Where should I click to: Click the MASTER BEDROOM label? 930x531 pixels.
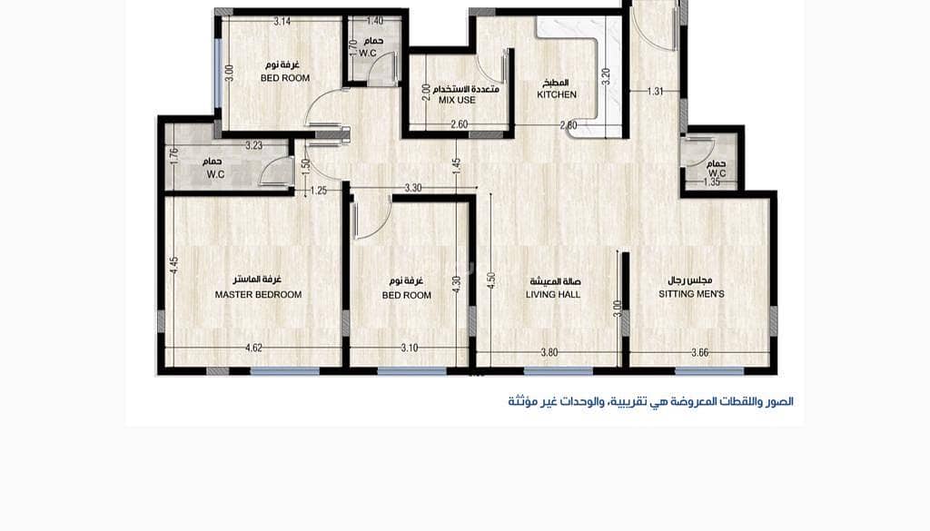[258, 294]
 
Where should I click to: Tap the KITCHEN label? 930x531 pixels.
[557, 94]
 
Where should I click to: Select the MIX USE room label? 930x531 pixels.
[457, 101]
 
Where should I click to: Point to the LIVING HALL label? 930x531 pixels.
[553, 294]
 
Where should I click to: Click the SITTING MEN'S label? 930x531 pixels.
[691, 294]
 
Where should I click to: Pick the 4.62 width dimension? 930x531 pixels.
[253, 348]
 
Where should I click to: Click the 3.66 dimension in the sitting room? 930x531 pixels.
[700, 352]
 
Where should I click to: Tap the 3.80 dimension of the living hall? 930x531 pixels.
[549, 352]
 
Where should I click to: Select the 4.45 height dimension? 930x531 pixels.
[173, 265]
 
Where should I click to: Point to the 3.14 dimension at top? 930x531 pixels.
[282, 22]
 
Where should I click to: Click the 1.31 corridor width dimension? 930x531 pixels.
[656, 92]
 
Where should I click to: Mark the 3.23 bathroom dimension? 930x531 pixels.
[254, 144]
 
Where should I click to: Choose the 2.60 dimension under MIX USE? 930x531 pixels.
[459, 124]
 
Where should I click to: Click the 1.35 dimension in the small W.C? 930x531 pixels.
[712, 182]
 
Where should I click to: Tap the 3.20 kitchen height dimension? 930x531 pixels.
[606, 77]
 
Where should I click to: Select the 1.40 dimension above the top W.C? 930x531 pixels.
[375, 22]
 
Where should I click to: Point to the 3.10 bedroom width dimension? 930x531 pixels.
[410, 348]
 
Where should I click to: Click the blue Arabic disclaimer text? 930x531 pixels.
[650, 402]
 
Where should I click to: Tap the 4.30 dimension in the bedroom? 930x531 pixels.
[456, 285]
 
